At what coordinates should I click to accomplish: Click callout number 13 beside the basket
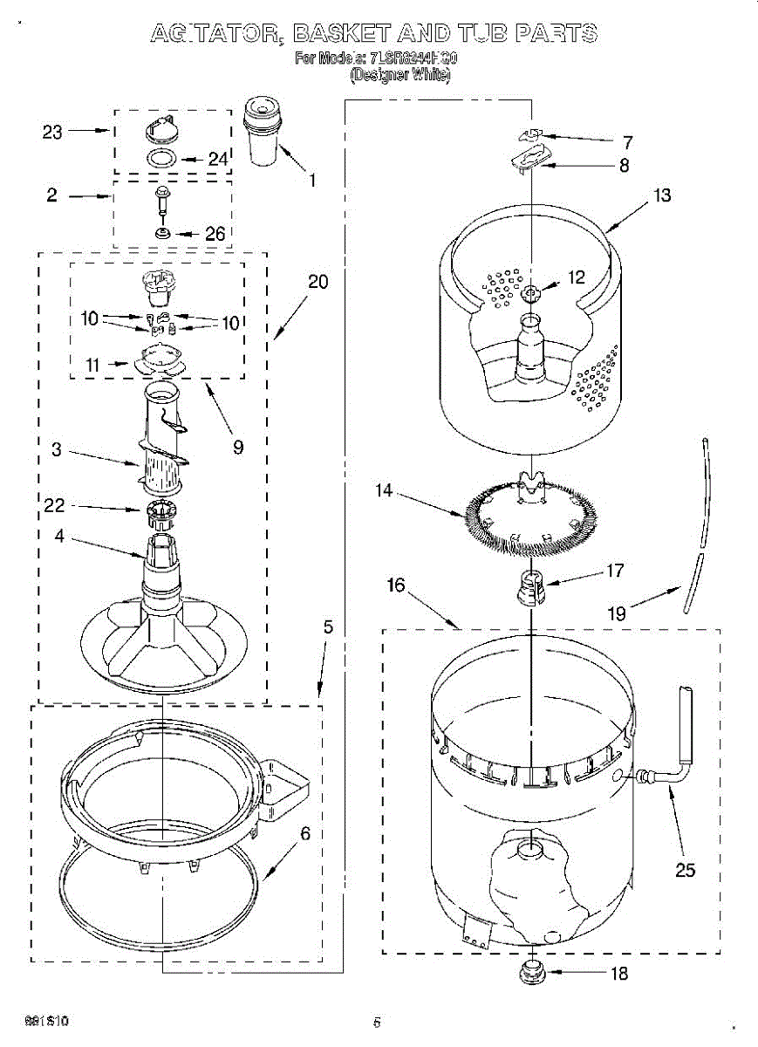click(x=663, y=195)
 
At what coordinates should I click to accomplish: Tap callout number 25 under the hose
click(x=686, y=869)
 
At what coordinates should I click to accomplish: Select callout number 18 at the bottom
click(x=618, y=974)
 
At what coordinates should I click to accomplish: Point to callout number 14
click(x=384, y=491)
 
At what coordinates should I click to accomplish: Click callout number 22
click(x=54, y=506)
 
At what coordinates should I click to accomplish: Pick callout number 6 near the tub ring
click(x=304, y=833)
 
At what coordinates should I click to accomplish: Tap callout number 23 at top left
click(x=52, y=132)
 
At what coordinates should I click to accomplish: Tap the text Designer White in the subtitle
click(x=400, y=76)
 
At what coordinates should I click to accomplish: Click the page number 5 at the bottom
click(x=377, y=1022)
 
